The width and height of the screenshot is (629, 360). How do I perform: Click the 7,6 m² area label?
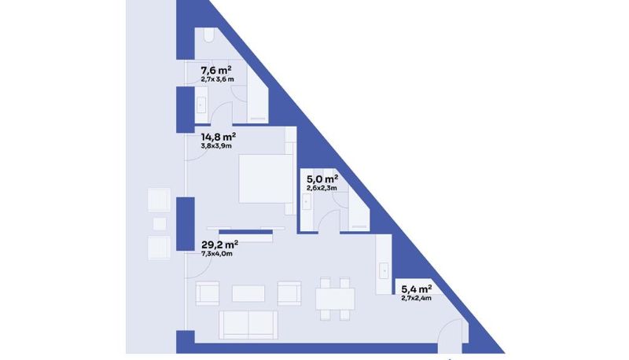(215, 71)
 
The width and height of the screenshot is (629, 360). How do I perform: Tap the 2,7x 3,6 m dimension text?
(218, 79)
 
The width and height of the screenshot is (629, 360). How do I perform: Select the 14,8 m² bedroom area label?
(219, 137)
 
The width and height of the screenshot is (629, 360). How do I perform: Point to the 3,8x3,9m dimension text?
(216, 146)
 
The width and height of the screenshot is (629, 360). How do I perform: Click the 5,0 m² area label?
(322, 178)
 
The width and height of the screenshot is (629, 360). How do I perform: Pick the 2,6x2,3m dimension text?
(322, 188)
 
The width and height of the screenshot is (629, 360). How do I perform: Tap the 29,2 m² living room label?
(219, 244)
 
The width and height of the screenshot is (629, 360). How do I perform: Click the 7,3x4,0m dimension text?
(217, 254)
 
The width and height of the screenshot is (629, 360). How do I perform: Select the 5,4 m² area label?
(417, 289)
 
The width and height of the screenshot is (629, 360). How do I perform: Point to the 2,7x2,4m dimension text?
(417, 298)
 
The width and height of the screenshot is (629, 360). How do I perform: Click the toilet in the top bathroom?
(208, 35)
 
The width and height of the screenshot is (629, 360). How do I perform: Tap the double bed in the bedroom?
(266, 178)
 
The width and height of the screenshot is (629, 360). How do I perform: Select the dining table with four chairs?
(335, 299)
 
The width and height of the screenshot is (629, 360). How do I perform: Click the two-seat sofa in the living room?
(248, 325)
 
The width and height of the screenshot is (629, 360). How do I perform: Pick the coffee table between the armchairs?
(248, 293)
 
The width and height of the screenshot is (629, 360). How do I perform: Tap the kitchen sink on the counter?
(384, 270)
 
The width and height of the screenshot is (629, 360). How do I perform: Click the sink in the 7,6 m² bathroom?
(200, 105)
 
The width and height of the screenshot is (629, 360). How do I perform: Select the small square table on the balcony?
(160, 224)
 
